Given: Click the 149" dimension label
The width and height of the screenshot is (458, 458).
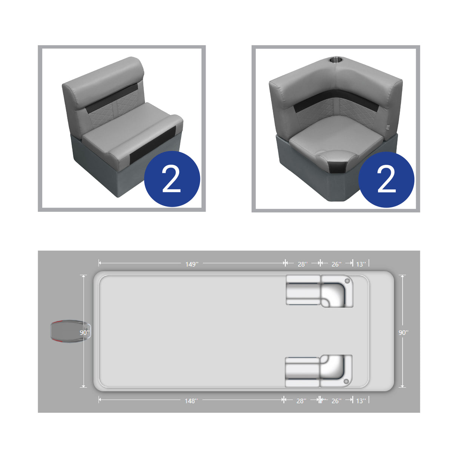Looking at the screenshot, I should coord(191,264).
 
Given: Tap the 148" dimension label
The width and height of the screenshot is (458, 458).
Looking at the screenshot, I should coord(191,401).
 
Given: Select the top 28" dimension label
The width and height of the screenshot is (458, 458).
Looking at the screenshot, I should coord(302,264).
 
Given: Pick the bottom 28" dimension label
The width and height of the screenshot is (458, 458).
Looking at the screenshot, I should coord(301,401).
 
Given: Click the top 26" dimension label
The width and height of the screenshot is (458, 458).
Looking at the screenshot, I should coord(336,264).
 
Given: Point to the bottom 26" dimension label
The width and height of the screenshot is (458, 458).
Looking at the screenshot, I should coord(336,401).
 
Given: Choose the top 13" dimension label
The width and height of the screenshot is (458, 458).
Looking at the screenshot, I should coord(361,264).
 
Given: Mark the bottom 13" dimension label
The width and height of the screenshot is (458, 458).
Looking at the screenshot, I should coord(361,401).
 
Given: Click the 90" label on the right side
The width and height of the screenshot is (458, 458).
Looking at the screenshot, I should coord(403,332).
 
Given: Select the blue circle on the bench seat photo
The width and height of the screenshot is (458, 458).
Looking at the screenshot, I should coord(172,179).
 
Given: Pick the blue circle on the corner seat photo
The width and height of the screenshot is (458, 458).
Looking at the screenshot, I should coord(386,180).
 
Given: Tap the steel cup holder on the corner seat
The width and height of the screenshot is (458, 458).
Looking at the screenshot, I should coord(335,60).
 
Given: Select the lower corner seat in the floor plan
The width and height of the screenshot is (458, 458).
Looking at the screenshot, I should coord(336,370).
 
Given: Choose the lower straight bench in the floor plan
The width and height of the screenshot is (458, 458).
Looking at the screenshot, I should coord(302,372).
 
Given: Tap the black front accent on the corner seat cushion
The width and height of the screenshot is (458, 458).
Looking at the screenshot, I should coord(337,166).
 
